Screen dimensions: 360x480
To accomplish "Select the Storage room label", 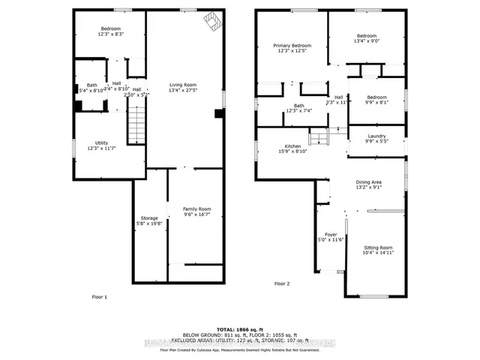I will pyautogui.click(x=148, y=217).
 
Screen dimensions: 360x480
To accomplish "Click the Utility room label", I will pyautogui.click(x=101, y=142).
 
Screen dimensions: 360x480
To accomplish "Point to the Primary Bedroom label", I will pyautogui.click(x=292, y=46).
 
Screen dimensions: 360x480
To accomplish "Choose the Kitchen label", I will pyautogui.click(x=292, y=146).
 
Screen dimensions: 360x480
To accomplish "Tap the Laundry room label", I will pyautogui.click(x=376, y=136).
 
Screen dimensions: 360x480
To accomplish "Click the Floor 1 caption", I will pyautogui.click(x=99, y=297).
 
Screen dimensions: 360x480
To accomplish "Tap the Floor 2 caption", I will pyautogui.click(x=281, y=283).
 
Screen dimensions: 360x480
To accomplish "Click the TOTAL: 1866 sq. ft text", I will pyautogui.click(x=239, y=329).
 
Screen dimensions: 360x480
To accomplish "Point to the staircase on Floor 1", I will pyautogui.click(x=135, y=124).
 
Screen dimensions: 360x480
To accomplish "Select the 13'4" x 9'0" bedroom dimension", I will pyautogui.click(x=366, y=41).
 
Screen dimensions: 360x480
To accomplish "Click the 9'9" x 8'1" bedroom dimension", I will pyautogui.click(x=377, y=103).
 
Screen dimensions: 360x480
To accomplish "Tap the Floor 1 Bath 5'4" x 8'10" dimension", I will pyautogui.click(x=92, y=90).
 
